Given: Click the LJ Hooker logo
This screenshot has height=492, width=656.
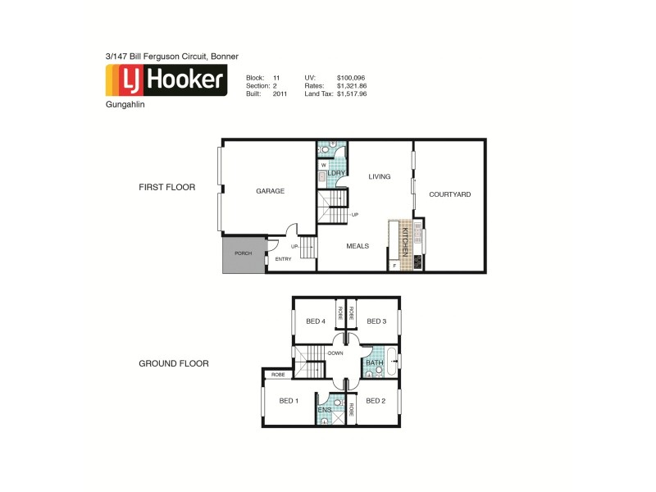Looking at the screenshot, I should coord(166,80).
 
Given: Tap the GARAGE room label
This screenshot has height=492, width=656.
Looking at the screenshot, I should coord(270,191).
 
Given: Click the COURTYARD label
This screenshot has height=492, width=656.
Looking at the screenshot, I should coord(449,194).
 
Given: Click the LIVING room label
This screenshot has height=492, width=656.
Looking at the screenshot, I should coord(379,176).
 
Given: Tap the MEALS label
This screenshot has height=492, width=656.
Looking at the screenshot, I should coord(357,246).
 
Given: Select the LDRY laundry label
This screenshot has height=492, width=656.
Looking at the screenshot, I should coord(335,174).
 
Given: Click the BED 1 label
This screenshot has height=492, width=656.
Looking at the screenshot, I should coord(288,401).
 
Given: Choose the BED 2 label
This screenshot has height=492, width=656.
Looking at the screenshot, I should coord(375,401).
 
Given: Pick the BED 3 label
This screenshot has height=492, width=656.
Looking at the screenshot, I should coord(376,321).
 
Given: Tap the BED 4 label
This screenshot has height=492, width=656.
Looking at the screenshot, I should coord(316,321).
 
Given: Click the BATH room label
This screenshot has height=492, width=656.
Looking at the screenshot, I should coord(374,362).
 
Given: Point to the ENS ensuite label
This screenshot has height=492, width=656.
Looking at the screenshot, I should coord(324,408).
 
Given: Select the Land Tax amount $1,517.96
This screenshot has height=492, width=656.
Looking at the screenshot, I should coord(352,94).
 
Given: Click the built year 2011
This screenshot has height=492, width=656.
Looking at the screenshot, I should coord(280,94).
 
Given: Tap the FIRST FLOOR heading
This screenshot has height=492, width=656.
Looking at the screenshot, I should coord(166,187).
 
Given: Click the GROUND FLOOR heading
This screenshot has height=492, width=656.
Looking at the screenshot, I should coord(173,363).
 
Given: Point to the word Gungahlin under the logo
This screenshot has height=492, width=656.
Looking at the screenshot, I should coord(126,106).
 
